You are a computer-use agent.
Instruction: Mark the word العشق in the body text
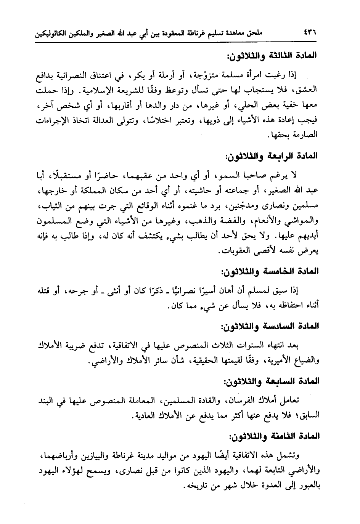307,91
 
